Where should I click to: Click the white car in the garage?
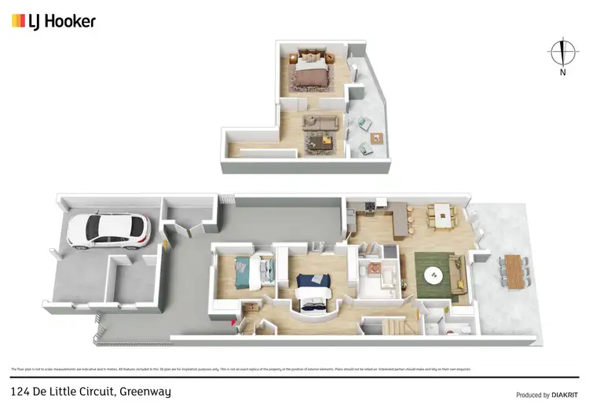click(x=108, y=231)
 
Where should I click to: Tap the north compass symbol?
click(x=562, y=53)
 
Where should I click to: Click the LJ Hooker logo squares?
click(x=18, y=21)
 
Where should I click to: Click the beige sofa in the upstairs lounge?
click(x=321, y=122)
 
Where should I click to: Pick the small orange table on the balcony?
click(x=375, y=138)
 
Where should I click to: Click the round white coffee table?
click(x=434, y=276)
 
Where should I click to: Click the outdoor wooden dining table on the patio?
click(x=514, y=271)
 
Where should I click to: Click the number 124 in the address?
click(x=21, y=391)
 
